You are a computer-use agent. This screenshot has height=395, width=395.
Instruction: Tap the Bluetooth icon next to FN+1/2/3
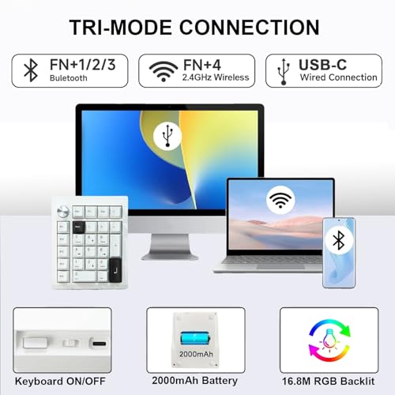tap(31, 70)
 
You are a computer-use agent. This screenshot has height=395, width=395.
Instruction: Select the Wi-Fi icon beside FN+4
tap(164, 71)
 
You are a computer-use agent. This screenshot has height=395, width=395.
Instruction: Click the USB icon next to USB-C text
tap(284, 72)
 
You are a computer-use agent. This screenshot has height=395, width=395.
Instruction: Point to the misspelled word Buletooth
tap(69, 78)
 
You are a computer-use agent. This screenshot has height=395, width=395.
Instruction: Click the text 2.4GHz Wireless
tap(216, 77)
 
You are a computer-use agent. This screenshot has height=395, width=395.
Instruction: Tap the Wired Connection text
tap(338, 77)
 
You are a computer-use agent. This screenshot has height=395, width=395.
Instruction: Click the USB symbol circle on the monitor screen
tap(167, 136)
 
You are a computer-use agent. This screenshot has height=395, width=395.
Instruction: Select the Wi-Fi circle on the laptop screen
tap(280, 199)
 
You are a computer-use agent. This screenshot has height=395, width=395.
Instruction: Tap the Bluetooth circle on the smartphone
tap(339, 240)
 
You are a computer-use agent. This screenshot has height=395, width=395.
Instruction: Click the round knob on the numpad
tap(63, 211)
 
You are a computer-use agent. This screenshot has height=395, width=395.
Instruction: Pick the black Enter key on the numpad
tap(115, 269)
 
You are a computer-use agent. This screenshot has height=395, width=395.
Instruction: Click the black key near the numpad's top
tap(78, 228)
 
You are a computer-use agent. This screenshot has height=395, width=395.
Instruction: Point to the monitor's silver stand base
tap(170, 255)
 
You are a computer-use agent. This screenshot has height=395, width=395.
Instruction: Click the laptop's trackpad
tap(280, 267)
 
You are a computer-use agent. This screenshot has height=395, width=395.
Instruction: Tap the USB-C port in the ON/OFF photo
tap(100, 344)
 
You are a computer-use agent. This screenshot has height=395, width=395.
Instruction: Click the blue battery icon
tap(195, 339)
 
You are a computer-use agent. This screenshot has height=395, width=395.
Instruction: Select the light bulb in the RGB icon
tap(329, 340)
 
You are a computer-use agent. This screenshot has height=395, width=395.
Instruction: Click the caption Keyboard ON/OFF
tap(60, 381)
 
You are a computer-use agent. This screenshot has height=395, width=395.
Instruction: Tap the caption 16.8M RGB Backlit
tap(328, 381)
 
